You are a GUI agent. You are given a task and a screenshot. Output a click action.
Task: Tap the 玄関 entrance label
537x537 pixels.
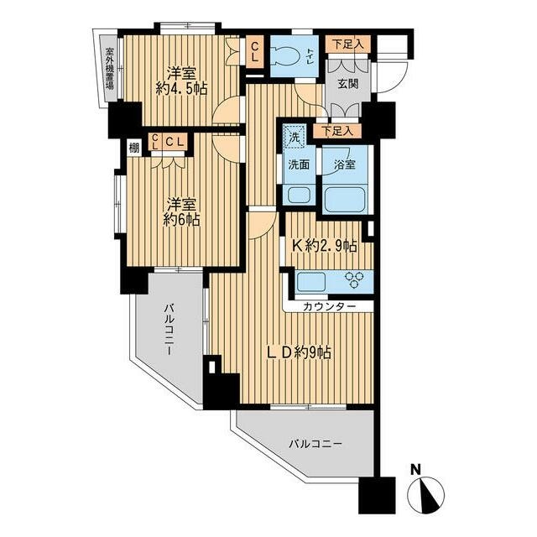[x=348, y=84]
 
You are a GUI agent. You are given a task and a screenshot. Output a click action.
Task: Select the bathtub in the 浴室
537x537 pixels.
[x=345, y=199]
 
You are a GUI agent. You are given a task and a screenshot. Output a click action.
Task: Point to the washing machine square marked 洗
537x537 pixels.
[x=295, y=137]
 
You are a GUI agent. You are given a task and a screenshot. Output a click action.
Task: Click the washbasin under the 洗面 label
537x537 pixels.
[x=299, y=196]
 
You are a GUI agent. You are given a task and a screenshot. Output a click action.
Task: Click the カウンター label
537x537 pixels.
[x=329, y=306]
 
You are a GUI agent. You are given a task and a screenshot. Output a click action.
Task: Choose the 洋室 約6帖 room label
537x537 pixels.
[x=181, y=212]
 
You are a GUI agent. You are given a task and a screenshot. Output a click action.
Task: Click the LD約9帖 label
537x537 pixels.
[x=299, y=352]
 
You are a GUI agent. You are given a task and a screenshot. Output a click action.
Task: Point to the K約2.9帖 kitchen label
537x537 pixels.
[x=325, y=246]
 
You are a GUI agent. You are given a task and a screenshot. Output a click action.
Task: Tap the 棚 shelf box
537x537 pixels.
[x=134, y=149]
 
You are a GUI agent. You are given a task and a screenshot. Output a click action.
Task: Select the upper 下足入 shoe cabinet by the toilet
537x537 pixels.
[x=347, y=44]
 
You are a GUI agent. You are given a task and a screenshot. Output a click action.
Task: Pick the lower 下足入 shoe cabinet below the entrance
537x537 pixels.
[x=337, y=131]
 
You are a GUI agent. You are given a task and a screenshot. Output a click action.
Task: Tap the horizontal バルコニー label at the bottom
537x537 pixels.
[x=315, y=445]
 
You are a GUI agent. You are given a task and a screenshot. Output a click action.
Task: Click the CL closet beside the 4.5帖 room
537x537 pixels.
[x=254, y=51]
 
